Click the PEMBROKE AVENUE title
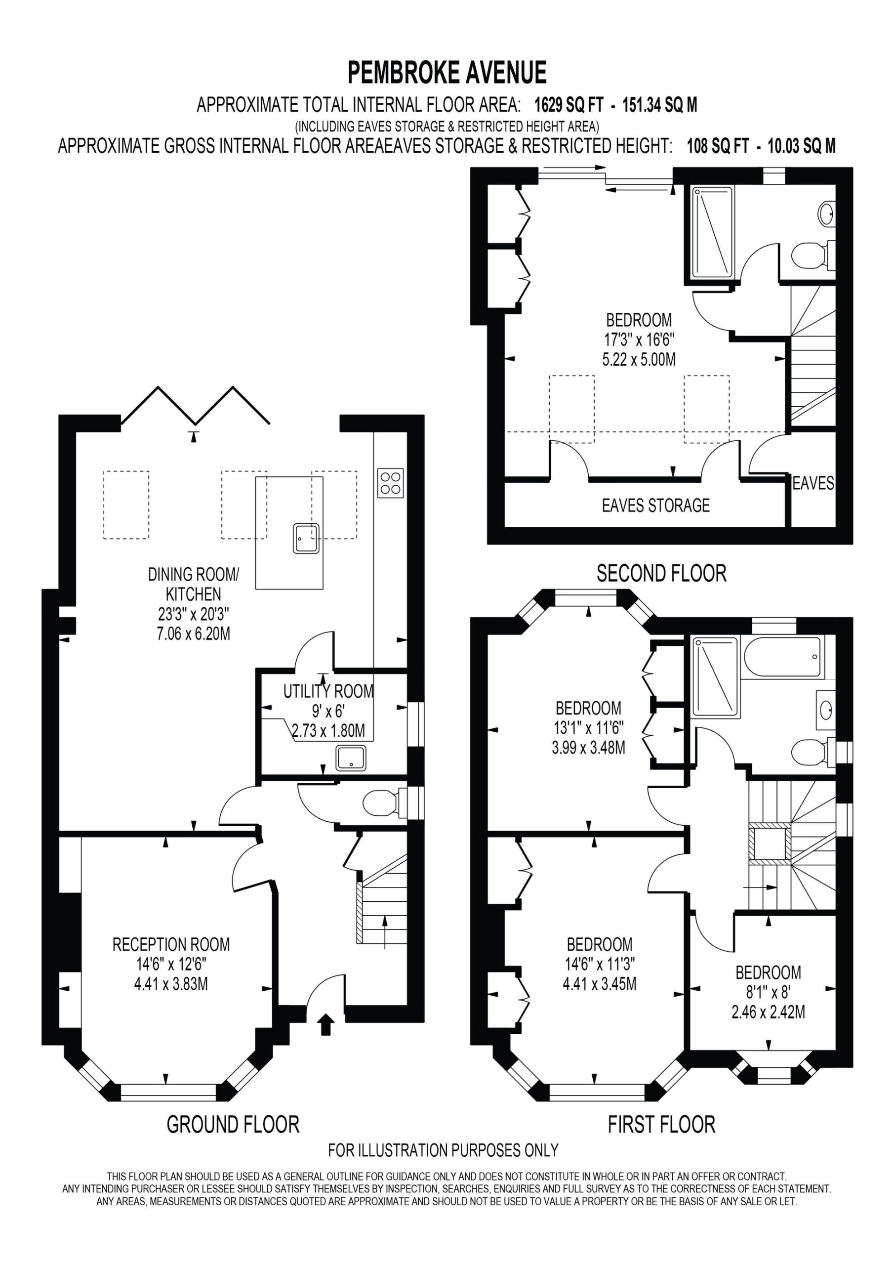click(447, 73)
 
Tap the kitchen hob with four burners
click(391, 483)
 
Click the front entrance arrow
click(326, 1023)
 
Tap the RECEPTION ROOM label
click(171, 944)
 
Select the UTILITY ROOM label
click(328, 691)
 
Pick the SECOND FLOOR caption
click(661, 574)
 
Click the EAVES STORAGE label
click(655, 505)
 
